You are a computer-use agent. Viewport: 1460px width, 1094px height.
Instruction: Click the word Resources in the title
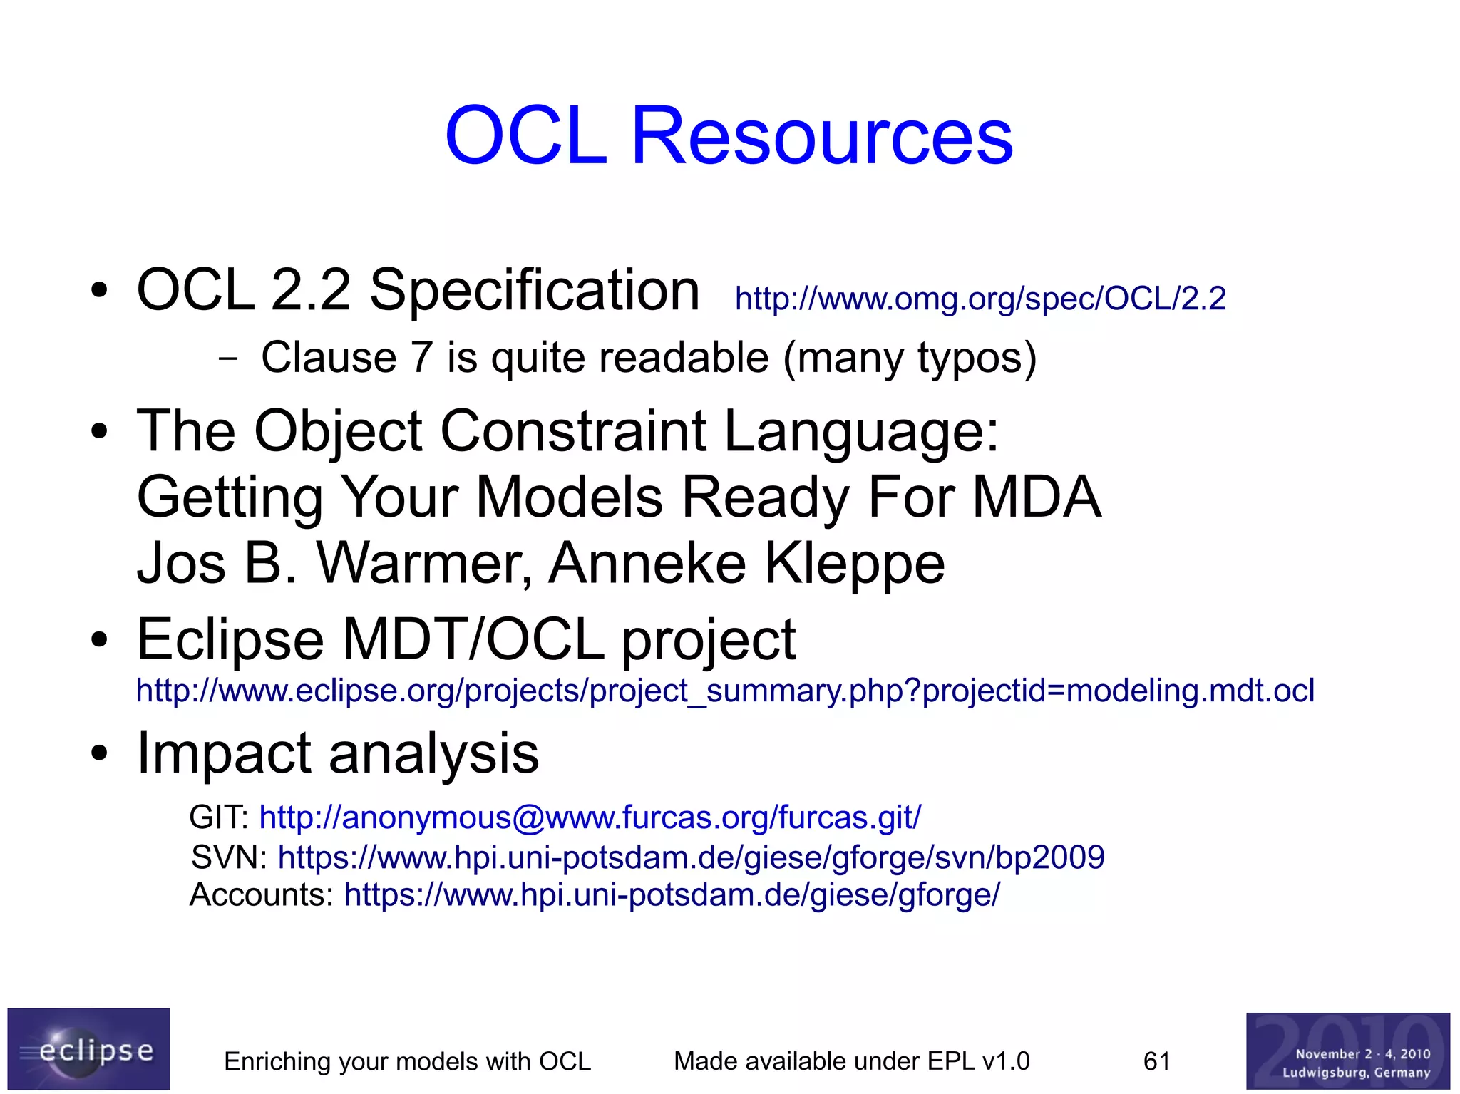tap(821, 135)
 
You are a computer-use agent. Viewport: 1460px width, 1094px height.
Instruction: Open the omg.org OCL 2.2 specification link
tap(980, 299)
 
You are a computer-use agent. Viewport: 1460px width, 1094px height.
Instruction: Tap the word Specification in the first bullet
tap(534, 290)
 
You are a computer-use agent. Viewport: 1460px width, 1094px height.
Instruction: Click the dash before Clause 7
tap(228, 358)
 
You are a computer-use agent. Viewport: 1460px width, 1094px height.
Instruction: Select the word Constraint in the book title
tap(573, 431)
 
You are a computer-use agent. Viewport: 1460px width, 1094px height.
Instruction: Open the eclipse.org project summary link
tap(724, 691)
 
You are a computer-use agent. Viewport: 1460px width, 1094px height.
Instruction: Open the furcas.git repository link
tap(590, 817)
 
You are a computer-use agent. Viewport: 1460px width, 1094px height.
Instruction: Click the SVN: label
tap(229, 857)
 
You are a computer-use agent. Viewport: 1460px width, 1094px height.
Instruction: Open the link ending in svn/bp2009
tap(690, 857)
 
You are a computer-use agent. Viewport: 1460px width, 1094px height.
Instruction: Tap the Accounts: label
tap(261, 894)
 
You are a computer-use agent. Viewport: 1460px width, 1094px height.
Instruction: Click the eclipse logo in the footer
tap(88, 1048)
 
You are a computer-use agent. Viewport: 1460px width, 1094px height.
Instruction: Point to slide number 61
tap(1156, 1061)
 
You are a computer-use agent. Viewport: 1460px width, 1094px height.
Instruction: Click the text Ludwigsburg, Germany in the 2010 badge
tap(1356, 1072)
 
